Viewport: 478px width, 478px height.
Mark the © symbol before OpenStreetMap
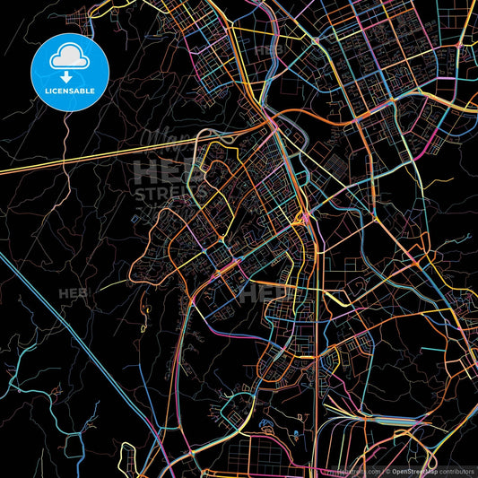(386, 471)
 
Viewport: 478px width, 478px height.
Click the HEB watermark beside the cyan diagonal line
(72, 293)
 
